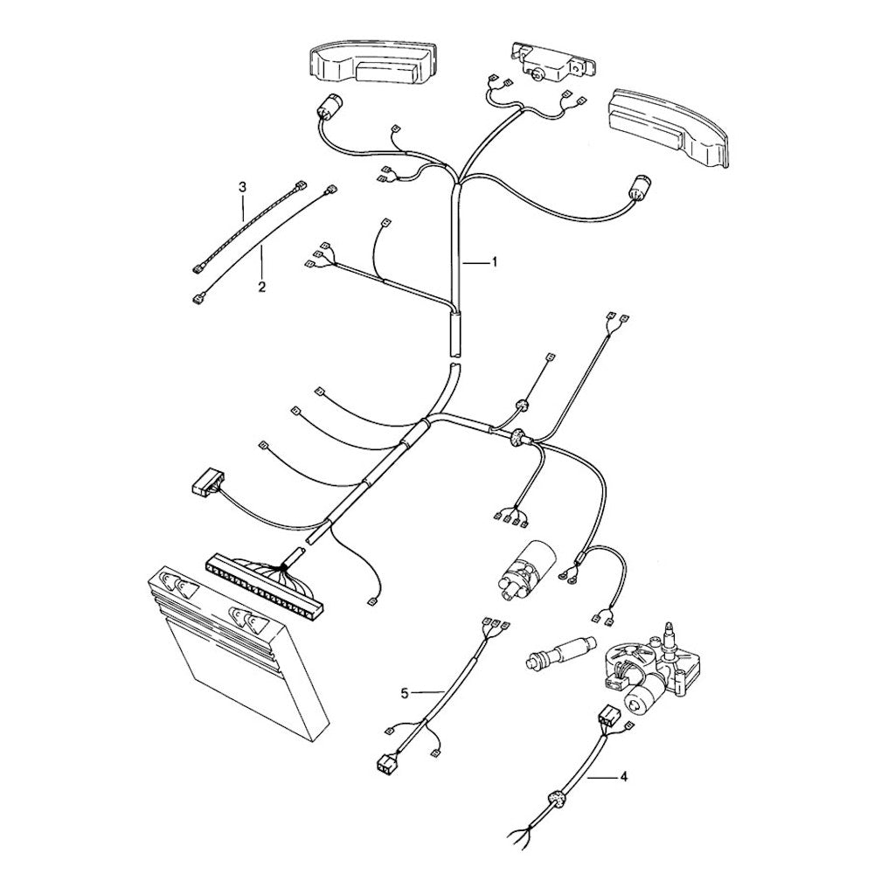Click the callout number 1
pyautogui.click(x=495, y=262)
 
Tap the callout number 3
pyautogui.click(x=243, y=186)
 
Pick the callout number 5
pyautogui.click(x=405, y=692)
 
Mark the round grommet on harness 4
pyautogui.click(x=552, y=798)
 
